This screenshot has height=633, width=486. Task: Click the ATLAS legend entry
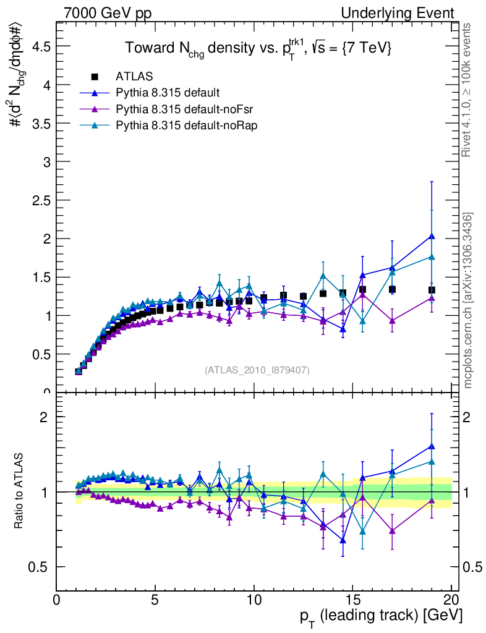pyautogui.click(x=130, y=77)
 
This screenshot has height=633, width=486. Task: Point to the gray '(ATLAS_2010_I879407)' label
pyautogui.click(x=257, y=370)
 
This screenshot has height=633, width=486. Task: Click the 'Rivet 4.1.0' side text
pyautogui.click(x=468, y=90)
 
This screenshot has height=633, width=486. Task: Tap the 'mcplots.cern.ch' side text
pyautogui.click(x=468, y=300)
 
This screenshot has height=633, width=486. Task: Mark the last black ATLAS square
pyautogui.click(x=432, y=290)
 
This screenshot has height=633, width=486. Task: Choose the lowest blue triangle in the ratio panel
pyautogui.click(x=343, y=540)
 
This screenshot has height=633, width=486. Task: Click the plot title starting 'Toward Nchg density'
pyautogui.click(x=258, y=48)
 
